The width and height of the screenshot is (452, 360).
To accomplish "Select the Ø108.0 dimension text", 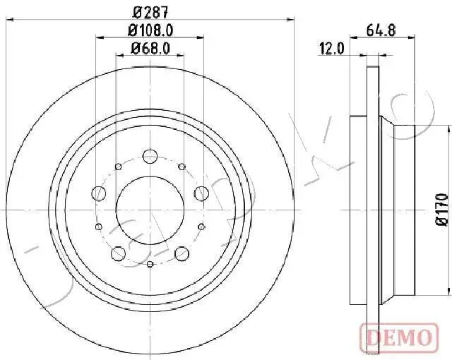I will tap(150, 30).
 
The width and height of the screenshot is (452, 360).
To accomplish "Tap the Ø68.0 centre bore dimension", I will tap(150, 49).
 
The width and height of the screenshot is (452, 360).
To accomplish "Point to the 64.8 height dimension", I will tap(380, 30).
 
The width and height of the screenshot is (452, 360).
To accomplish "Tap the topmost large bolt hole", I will tap(150, 156).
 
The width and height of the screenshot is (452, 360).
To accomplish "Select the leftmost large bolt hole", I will tap(100, 193).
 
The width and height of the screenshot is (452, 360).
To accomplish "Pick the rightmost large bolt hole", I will tap(201, 193).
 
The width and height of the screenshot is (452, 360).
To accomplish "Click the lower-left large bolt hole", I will tap(119, 253).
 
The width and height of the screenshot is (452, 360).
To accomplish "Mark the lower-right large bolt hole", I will tap(182, 253).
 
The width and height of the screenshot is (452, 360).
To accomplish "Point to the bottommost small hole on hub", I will tap(150, 263).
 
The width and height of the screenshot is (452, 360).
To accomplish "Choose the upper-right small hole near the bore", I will tap(182, 166).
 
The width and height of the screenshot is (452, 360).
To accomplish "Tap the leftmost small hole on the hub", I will tap(99, 227).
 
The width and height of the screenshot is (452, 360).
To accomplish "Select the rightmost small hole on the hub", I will tap(202, 227).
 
